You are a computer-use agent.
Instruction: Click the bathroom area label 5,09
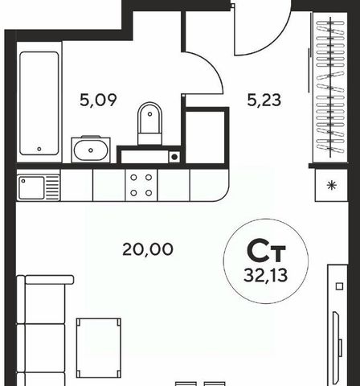click(98, 100)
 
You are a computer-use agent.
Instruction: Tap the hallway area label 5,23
click(264, 100)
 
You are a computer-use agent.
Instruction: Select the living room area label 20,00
click(148, 249)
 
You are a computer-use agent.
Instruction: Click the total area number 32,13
click(266, 275)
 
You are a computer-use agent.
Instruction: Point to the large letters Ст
click(266, 252)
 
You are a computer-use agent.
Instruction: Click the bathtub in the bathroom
click(39, 103)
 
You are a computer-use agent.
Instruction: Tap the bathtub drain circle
click(39, 149)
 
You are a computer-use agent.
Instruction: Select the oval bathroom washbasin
click(91, 150)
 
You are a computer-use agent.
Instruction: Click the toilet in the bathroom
click(149, 123)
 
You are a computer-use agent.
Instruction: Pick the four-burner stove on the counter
click(141, 185)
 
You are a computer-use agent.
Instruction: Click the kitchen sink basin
click(31, 187)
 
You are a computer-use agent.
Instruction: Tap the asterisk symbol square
click(332, 185)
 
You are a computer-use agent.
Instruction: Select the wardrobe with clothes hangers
click(330, 88)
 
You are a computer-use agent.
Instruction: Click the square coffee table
click(99, 348)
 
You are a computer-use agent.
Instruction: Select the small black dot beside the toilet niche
click(174, 157)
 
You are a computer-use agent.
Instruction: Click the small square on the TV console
click(339, 286)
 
